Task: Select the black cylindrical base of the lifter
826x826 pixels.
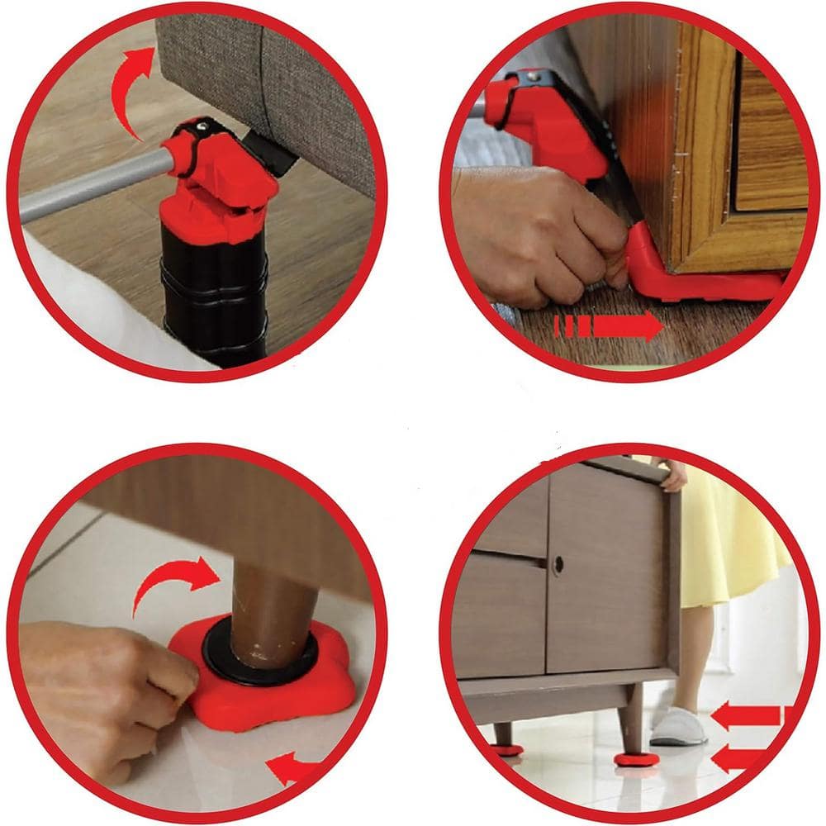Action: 213,289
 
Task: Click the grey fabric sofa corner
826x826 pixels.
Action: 273,83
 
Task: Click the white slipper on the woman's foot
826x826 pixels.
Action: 678,728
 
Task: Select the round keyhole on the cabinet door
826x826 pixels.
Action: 558,565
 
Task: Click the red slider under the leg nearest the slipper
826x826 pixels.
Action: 636,758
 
